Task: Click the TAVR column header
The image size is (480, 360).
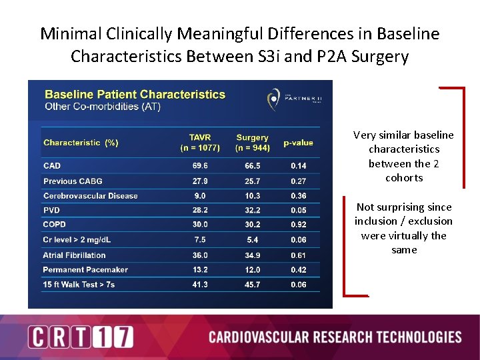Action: coord(200,143)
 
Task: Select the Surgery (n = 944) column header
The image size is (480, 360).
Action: coord(252,143)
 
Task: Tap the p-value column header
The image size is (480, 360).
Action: coord(298,143)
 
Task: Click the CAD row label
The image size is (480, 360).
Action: coord(52,166)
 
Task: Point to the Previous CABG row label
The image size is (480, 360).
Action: coord(73,181)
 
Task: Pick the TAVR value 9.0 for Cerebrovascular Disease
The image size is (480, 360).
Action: coord(200,196)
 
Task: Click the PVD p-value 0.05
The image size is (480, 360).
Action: coord(299,211)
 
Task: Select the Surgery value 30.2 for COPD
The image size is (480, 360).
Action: coord(252,225)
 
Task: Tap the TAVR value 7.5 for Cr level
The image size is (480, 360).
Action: coord(200,239)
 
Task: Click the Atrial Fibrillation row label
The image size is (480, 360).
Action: coord(74,255)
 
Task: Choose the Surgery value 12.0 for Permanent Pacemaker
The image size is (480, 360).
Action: coord(252,269)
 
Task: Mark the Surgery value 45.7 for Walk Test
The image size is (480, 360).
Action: coord(252,285)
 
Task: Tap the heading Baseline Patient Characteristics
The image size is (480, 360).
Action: coord(135,95)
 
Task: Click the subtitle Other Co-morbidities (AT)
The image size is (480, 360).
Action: coord(102,107)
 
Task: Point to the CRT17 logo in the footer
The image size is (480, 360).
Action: coord(81,337)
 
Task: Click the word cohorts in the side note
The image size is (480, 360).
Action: coord(404,178)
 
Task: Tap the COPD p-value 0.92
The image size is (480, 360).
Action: coord(299,225)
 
